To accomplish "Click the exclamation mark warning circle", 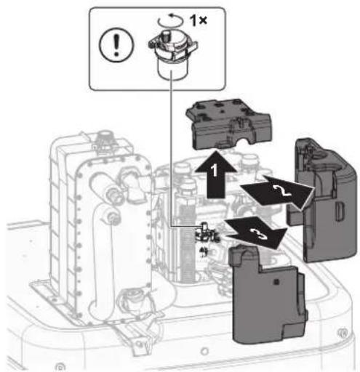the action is pos(116,45).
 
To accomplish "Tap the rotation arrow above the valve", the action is pos(170,20).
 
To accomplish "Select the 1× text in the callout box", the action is pos(199,20).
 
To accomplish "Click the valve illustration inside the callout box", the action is pos(172,54).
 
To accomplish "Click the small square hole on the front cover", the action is pos(276,282).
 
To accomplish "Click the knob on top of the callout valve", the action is pos(167,36).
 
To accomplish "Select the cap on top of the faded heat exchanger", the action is pos(104,137).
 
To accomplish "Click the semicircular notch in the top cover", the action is pos(243,142).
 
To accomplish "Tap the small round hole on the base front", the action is pos(205,351).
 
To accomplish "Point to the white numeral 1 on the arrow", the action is pos(215,170).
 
